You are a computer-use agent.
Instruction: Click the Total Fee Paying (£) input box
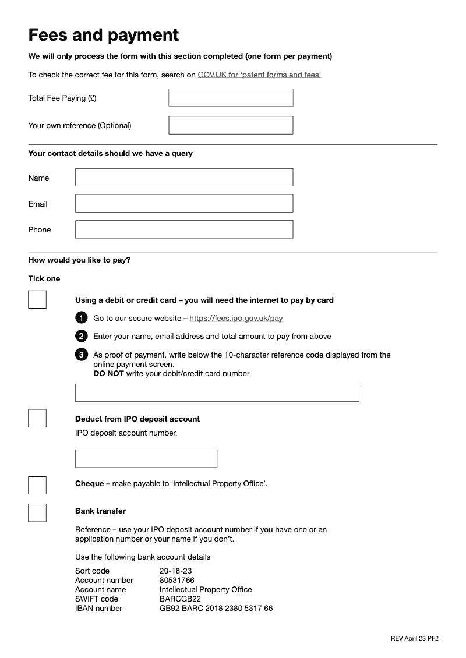point(231,98)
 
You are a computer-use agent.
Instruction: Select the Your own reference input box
point(231,125)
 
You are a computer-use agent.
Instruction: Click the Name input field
point(184,178)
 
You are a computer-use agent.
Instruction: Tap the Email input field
point(184,203)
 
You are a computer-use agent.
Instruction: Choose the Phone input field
point(184,229)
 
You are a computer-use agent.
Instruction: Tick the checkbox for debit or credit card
point(37,300)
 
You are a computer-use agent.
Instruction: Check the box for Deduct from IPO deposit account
point(37,418)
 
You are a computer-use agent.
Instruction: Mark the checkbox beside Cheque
point(37,485)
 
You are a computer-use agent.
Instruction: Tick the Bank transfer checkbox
point(37,512)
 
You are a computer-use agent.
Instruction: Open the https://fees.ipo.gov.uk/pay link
point(236,319)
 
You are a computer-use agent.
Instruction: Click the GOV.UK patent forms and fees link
point(259,75)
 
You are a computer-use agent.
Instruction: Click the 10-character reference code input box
point(217,392)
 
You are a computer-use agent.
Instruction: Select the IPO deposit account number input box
point(146,458)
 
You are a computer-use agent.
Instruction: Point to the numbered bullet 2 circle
point(82,336)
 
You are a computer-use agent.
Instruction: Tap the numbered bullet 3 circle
point(82,355)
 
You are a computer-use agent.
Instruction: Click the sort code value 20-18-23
point(175,571)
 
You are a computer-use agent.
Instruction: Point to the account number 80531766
point(176,580)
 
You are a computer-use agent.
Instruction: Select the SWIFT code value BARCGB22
point(180,599)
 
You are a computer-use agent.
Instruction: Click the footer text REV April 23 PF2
point(414,638)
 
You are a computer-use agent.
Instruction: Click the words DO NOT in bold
point(108,374)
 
